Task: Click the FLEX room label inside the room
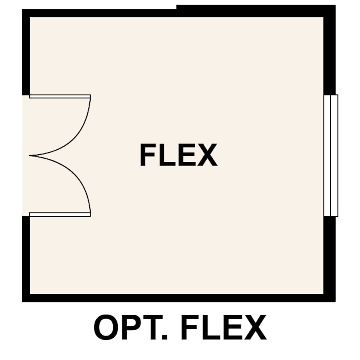(x=179, y=155)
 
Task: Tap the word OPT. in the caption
(x=131, y=327)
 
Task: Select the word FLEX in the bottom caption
(x=224, y=327)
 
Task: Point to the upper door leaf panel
(x=60, y=96)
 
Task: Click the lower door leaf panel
(x=60, y=215)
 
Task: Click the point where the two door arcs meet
(x=30, y=156)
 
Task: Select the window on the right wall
(x=331, y=156)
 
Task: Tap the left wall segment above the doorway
(x=26, y=52)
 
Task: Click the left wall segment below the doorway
(x=26, y=259)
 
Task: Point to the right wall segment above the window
(x=329, y=50)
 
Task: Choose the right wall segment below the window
(x=329, y=259)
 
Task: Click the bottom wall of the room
(x=179, y=298)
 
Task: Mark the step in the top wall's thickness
(x=176, y=7)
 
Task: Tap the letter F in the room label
(x=146, y=155)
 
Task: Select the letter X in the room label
(x=207, y=155)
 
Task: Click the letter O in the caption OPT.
(x=106, y=328)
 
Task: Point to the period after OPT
(x=164, y=337)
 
